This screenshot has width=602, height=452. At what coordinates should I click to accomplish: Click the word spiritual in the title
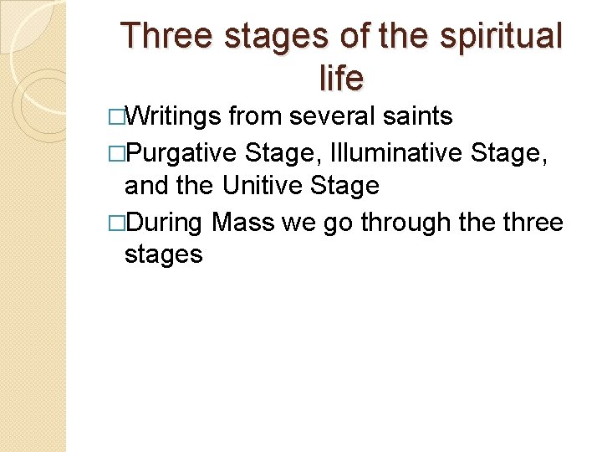pyautogui.click(x=504, y=37)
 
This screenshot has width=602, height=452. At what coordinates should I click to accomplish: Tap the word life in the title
pyautogui.click(x=341, y=78)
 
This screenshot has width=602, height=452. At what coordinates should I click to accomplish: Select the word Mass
pyautogui.click(x=242, y=222)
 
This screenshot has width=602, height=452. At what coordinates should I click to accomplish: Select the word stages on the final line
pyautogui.click(x=163, y=254)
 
